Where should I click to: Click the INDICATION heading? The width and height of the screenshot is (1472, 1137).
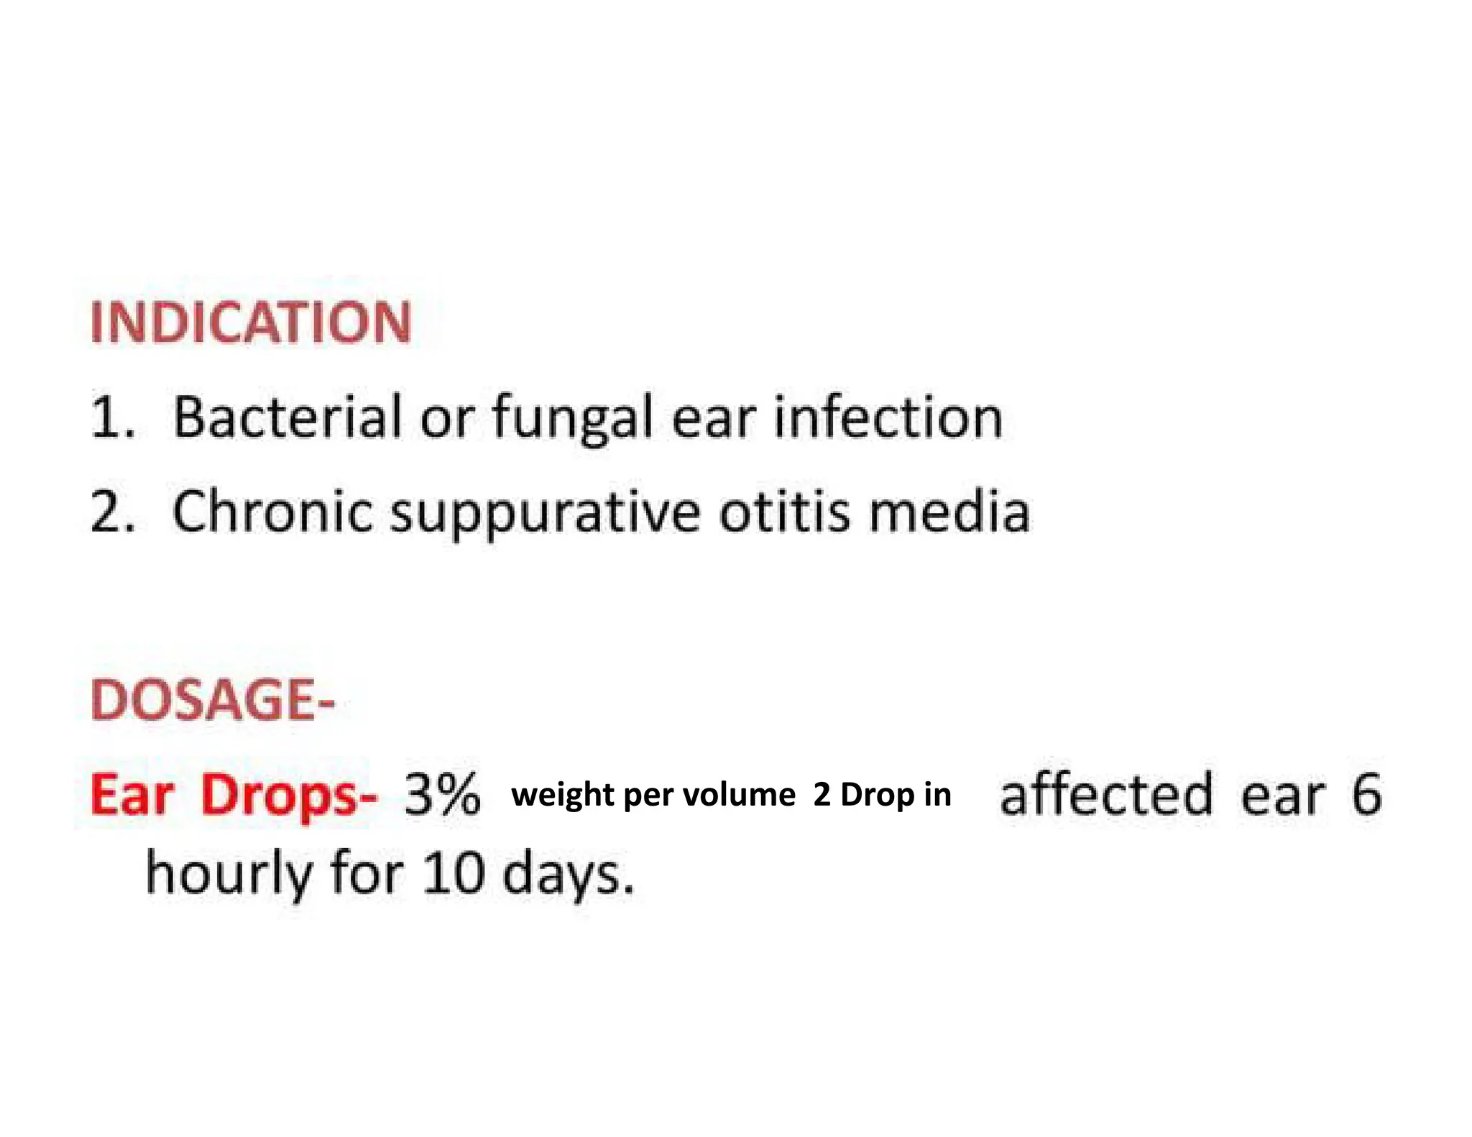coord(251,323)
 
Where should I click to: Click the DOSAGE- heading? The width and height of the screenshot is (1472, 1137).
coord(213,699)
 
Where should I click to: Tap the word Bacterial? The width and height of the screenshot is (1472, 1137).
coord(287,418)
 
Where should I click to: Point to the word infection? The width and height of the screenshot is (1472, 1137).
coord(888,418)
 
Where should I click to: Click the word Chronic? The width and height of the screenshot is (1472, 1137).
coord(272,512)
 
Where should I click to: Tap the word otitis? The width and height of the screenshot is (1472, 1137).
coord(784,512)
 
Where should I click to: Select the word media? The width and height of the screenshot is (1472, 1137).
coord(949,512)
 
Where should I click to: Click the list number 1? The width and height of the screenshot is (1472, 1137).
coord(111,419)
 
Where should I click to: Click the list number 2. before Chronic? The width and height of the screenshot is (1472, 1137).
coord(113,512)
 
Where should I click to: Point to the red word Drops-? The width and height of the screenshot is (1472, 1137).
coord(288,796)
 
